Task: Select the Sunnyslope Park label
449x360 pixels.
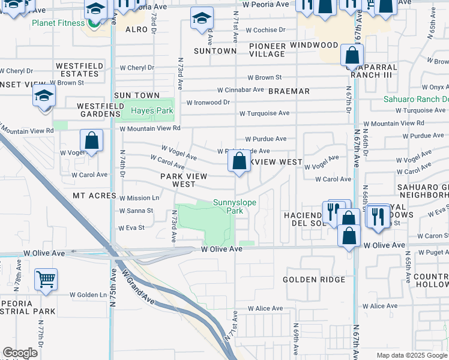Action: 235,207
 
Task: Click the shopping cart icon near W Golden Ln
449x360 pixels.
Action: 46,279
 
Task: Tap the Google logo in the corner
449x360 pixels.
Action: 20,353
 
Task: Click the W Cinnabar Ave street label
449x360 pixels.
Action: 240,90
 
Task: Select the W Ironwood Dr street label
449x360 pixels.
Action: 208,103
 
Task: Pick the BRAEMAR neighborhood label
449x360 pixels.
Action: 289,91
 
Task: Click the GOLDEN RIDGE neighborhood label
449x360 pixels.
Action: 314,280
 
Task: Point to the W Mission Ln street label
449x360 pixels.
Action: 139,198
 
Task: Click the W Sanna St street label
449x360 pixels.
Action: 136,211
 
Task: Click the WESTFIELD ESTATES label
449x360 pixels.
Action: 77,70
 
